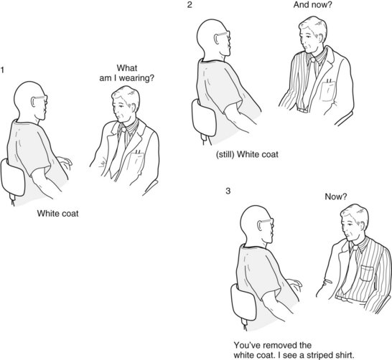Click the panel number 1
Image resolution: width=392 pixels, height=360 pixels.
coord(2,70)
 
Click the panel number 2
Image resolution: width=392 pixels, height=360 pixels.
coord(190,5)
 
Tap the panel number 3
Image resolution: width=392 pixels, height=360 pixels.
coord(228,191)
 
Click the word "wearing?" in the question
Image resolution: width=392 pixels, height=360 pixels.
coord(136,78)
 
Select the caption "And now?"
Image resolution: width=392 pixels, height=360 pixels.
coord(312,4)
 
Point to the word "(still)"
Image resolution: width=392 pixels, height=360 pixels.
coord(225,154)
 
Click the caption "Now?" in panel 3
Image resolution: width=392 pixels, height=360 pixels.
coord(336,196)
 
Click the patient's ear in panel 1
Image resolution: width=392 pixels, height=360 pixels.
coord(33,101)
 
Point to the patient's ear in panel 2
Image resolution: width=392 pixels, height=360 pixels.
coord(216,39)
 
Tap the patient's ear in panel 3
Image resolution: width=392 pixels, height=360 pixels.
coord(260,225)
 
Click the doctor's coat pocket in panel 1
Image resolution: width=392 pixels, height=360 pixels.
coord(135,162)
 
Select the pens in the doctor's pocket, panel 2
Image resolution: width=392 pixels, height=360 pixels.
coord(330,80)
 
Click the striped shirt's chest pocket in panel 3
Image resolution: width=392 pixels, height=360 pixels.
coord(367,274)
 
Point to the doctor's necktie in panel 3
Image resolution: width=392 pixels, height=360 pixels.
coord(350,270)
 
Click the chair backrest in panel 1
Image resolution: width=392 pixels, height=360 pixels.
coord(12,178)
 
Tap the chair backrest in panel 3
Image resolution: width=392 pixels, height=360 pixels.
coord(243,303)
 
